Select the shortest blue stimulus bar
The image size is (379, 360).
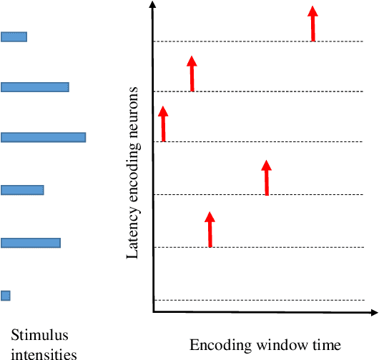[6, 295]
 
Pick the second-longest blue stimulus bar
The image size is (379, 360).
[34, 87]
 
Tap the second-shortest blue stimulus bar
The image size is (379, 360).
[14, 36]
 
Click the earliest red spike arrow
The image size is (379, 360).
[163, 124]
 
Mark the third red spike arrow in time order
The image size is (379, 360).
[210, 229]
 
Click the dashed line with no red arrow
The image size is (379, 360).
[265, 300]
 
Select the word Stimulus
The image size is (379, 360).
[36, 335]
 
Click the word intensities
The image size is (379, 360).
[44, 352]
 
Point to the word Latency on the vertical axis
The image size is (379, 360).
[132, 235]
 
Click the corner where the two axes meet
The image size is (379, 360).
[154, 313]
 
